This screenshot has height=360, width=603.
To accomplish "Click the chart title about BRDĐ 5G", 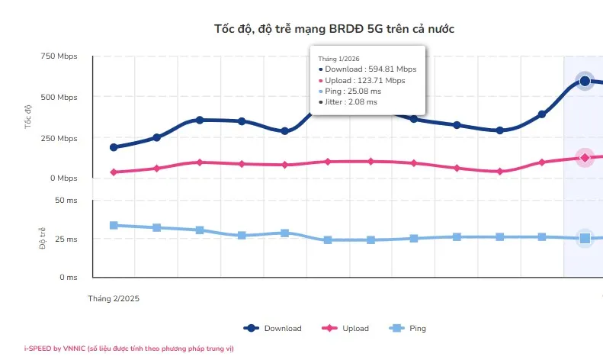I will coord(335,28).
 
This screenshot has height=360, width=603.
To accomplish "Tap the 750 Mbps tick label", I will coord(58,56).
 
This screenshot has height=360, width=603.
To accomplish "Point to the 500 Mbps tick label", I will coord(58,98).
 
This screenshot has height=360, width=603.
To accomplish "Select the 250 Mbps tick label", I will coord(58,139).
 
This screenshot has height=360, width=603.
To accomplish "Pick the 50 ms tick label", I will coord(66,200).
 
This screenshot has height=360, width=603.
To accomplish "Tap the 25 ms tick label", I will coord(66,239).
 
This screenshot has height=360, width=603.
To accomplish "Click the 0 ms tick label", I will coord(68,278).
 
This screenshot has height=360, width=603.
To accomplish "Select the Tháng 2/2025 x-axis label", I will coord(114,299).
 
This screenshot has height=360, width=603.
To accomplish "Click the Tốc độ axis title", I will coord(29,115).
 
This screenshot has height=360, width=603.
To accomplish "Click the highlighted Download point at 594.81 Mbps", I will coord(585,81).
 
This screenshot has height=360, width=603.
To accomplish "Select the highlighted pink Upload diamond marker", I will coord(585,158).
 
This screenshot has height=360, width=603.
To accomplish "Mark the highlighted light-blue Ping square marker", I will coord(585,239).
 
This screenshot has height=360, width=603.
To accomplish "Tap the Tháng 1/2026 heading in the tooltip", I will coord(338,59).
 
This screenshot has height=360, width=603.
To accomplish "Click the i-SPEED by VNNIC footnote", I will coord(129,349).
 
